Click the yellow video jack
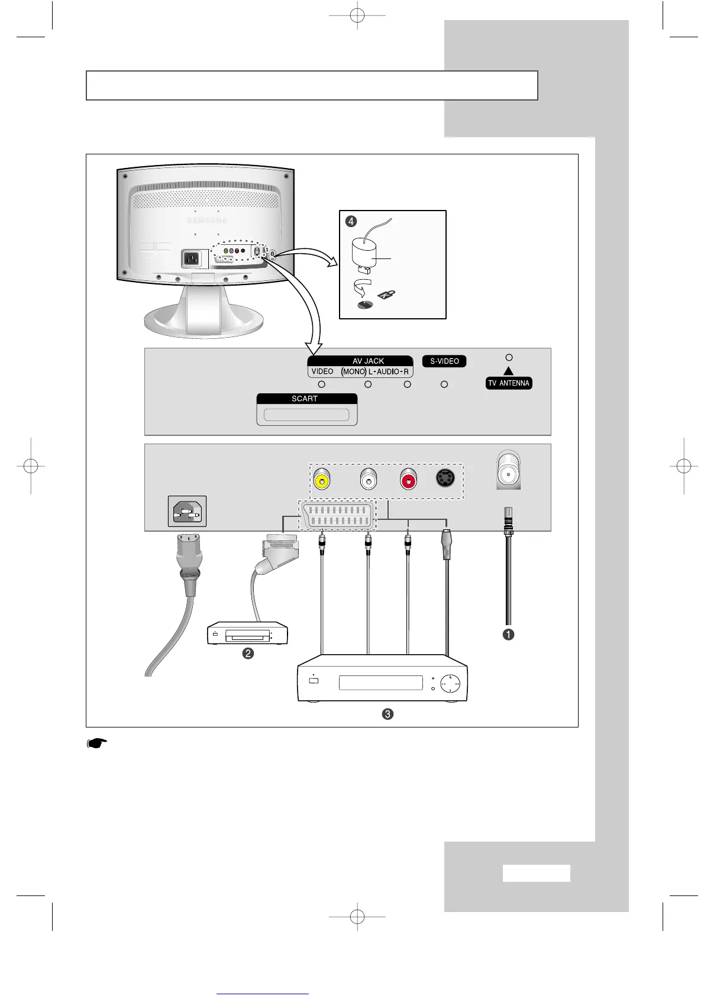(x=321, y=480)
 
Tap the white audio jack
(x=368, y=480)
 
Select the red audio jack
(x=408, y=480)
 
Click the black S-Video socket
(x=445, y=478)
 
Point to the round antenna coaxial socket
(x=509, y=471)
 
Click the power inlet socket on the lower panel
(x=188, y=511)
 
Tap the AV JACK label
(x=368, y=361)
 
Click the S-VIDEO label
(x=444, y=361)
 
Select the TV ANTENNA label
(x=509, y=383)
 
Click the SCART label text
(x=305, y=399)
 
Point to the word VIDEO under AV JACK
(x=322, y=371)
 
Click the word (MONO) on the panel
(x=353, y=371)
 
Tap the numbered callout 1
(x=508, y=634)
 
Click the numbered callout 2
(x=248, y=654)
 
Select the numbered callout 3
(x=387, y=714)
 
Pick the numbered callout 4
(x=351, y=221)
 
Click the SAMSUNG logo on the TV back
(x=207, y=221)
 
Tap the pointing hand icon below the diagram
(x=97, y=743)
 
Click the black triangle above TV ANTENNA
(x=509, y=371)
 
